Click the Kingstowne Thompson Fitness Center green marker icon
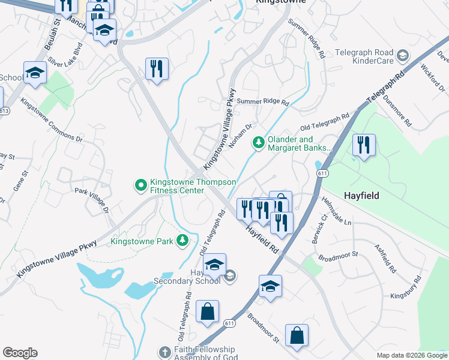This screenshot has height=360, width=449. tap(141, 185)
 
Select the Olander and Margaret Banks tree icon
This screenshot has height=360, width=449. tap(258, 143)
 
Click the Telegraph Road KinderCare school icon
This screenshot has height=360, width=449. tap(402, 56)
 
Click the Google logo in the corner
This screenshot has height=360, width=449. tap(20, 353)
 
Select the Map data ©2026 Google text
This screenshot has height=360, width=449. tap(411, 355)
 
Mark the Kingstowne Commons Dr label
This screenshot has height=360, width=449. tap(51, 120)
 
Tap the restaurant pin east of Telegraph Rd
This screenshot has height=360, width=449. tap(364, 146)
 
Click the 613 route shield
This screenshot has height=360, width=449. tap(4, 112)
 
